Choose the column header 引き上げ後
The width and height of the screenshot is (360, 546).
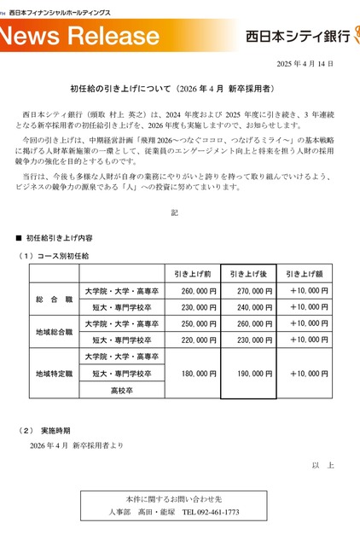click(x=249, y=274)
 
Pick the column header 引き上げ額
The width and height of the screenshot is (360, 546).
click(x=308, y=274)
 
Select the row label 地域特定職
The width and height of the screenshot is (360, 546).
click(x=54, y=374)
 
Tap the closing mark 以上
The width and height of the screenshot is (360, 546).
click(x=322, y=464)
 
